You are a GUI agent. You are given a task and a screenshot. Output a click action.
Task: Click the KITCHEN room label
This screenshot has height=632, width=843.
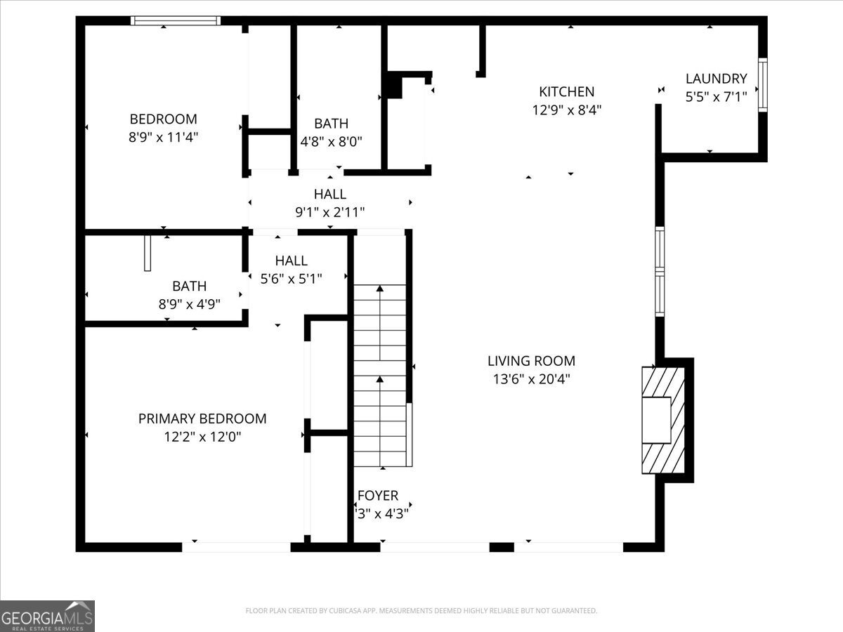coord(566,91)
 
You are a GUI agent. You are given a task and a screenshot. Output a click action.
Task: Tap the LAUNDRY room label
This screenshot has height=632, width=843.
coord(716,79)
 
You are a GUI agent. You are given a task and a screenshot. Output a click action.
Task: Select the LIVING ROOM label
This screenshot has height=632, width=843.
coord(531,361)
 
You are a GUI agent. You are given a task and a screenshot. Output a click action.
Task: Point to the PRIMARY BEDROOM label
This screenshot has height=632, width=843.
coord(202,419)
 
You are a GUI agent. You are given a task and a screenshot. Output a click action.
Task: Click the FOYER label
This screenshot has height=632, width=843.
coord(378,496)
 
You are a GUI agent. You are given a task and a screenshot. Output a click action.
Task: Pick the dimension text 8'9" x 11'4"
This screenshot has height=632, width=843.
coord(163,137)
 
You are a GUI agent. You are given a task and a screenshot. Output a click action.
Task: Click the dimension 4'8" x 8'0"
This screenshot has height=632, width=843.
coord(331,141)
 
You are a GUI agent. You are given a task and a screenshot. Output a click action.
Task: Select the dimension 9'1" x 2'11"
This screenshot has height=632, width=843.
coord(330,211)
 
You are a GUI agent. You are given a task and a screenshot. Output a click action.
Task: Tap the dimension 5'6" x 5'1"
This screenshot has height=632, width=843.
coord(291,278)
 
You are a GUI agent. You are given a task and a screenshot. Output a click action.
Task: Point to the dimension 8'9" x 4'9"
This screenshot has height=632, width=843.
coord(190,304)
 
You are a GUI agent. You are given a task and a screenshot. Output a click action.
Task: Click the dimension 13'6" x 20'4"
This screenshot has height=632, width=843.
coord(531,379)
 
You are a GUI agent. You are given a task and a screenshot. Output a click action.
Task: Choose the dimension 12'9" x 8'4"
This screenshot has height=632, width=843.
coord(566,110)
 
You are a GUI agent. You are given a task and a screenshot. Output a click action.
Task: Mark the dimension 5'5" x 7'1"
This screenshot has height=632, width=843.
coord(716,97)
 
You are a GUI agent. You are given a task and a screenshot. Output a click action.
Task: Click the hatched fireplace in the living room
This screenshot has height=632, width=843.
coord(663,419)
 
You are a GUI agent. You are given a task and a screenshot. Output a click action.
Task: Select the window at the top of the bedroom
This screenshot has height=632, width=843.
coord(176,21)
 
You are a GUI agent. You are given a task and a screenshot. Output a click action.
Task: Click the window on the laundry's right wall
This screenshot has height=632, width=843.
coord(762,85)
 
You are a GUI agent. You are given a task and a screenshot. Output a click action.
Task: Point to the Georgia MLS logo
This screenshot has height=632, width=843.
coord(47,616)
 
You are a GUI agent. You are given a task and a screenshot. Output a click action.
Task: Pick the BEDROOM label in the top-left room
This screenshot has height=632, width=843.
coord(163,119)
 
